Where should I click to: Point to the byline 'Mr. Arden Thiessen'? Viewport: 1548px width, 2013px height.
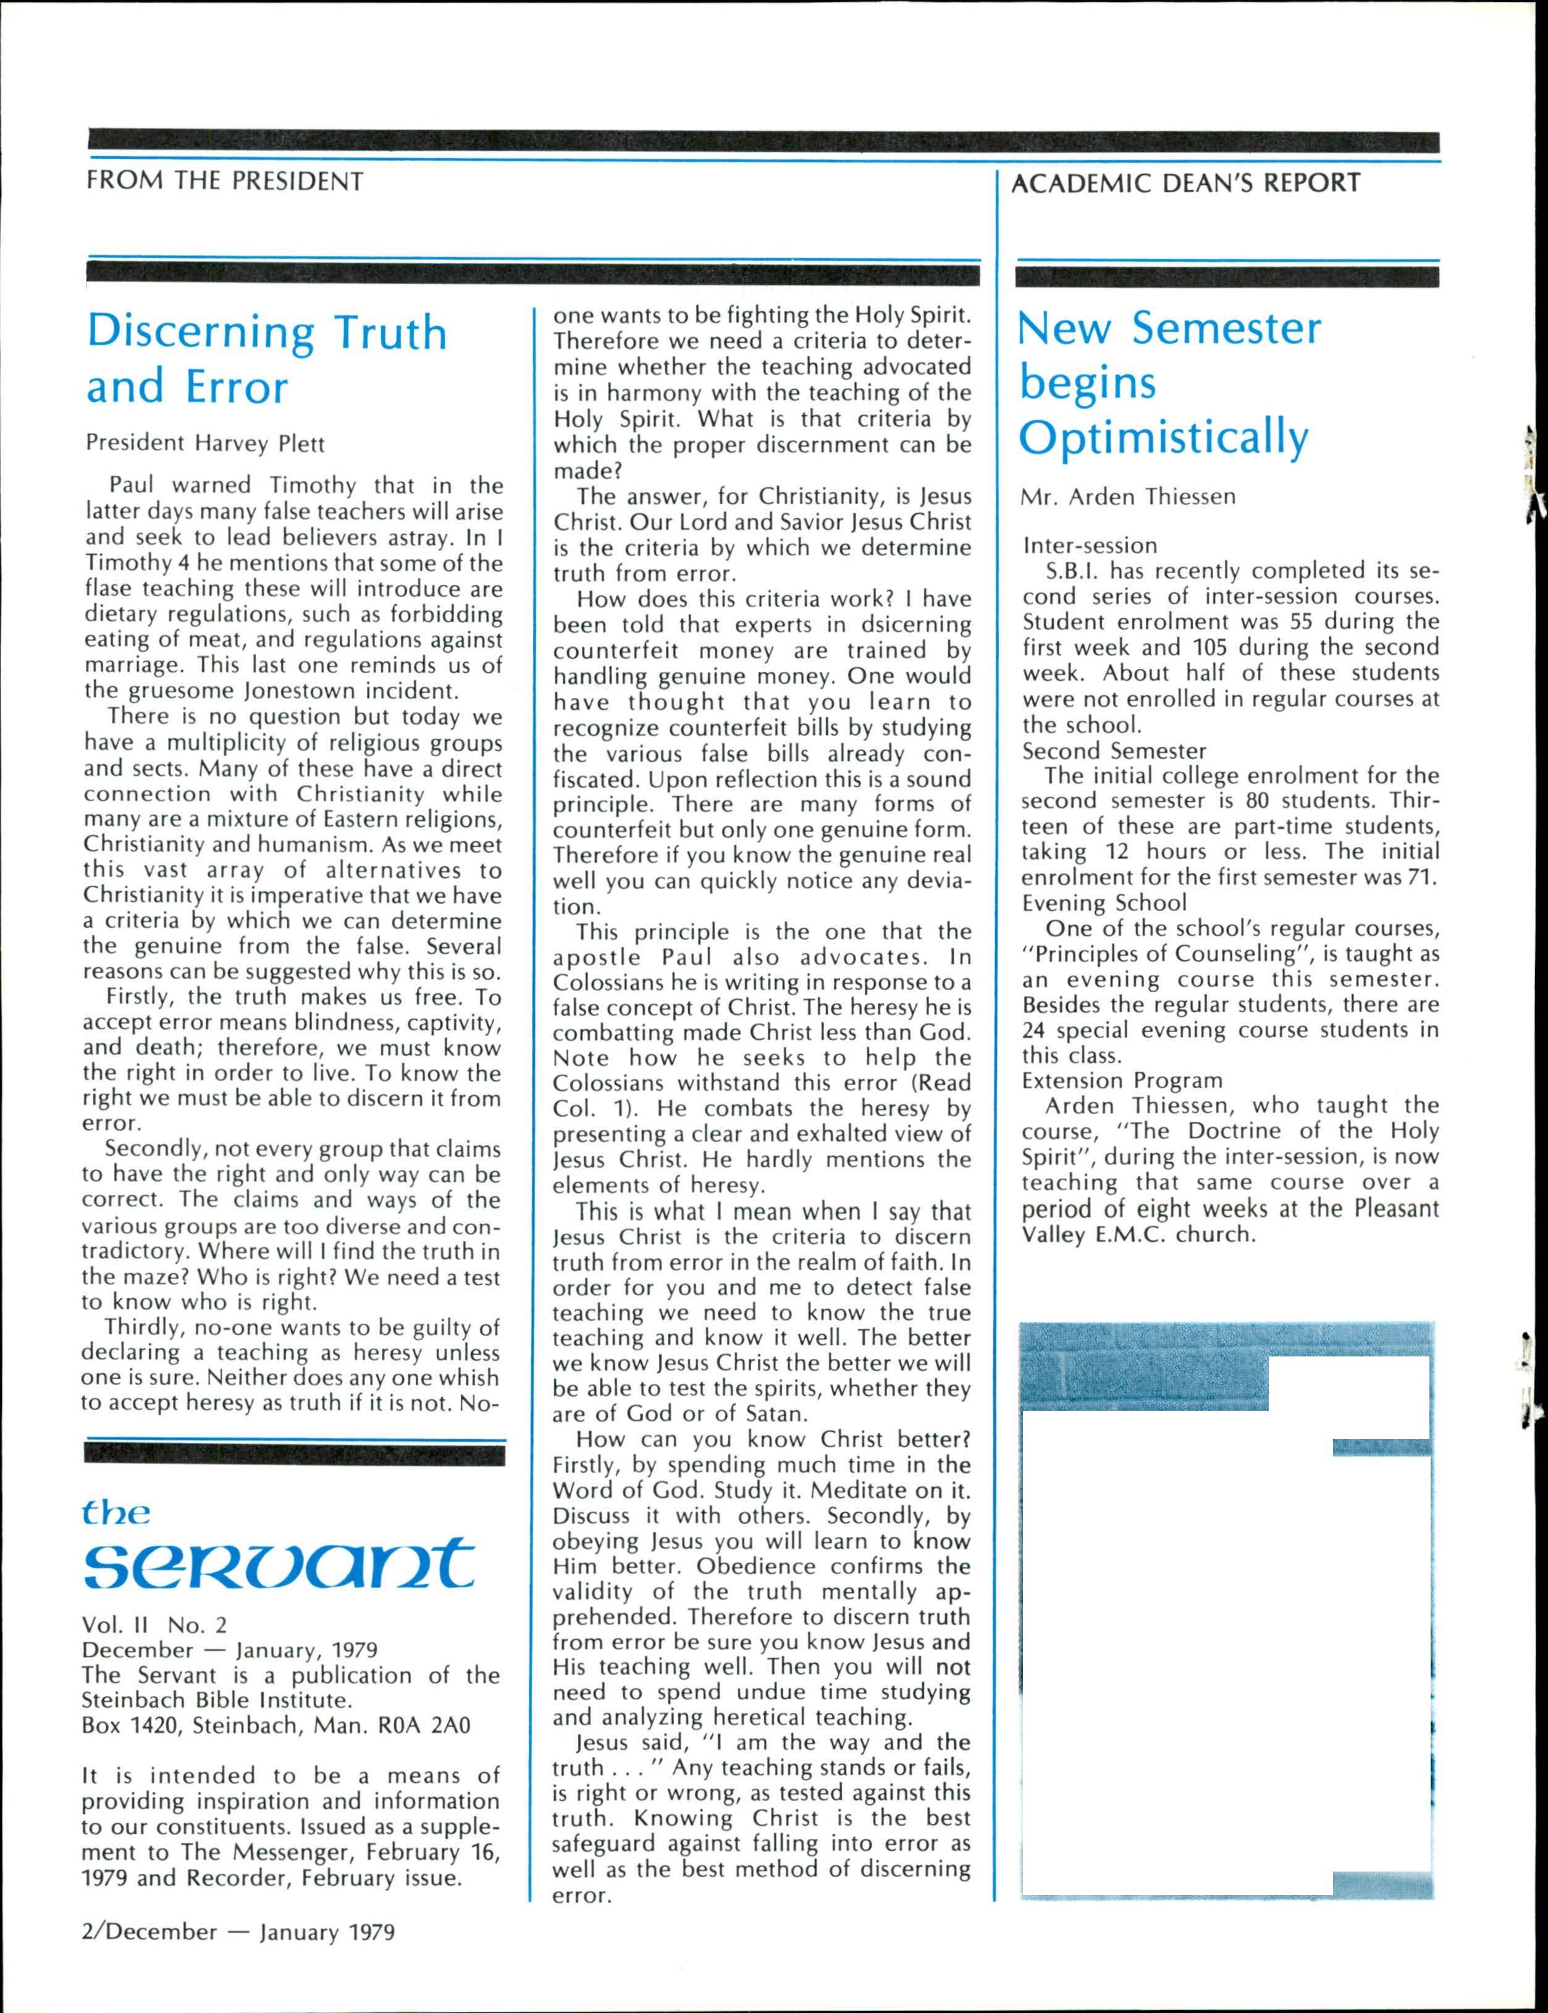pyautogui.click(x=1128, y=497)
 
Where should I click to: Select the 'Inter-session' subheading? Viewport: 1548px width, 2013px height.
pyautogui.click(x=1090, y=545)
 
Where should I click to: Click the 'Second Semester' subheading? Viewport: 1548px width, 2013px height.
pyautogui.click(x=1114, y=751)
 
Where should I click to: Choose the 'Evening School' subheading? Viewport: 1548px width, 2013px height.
pyautogui.click(x=1105, y=903)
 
